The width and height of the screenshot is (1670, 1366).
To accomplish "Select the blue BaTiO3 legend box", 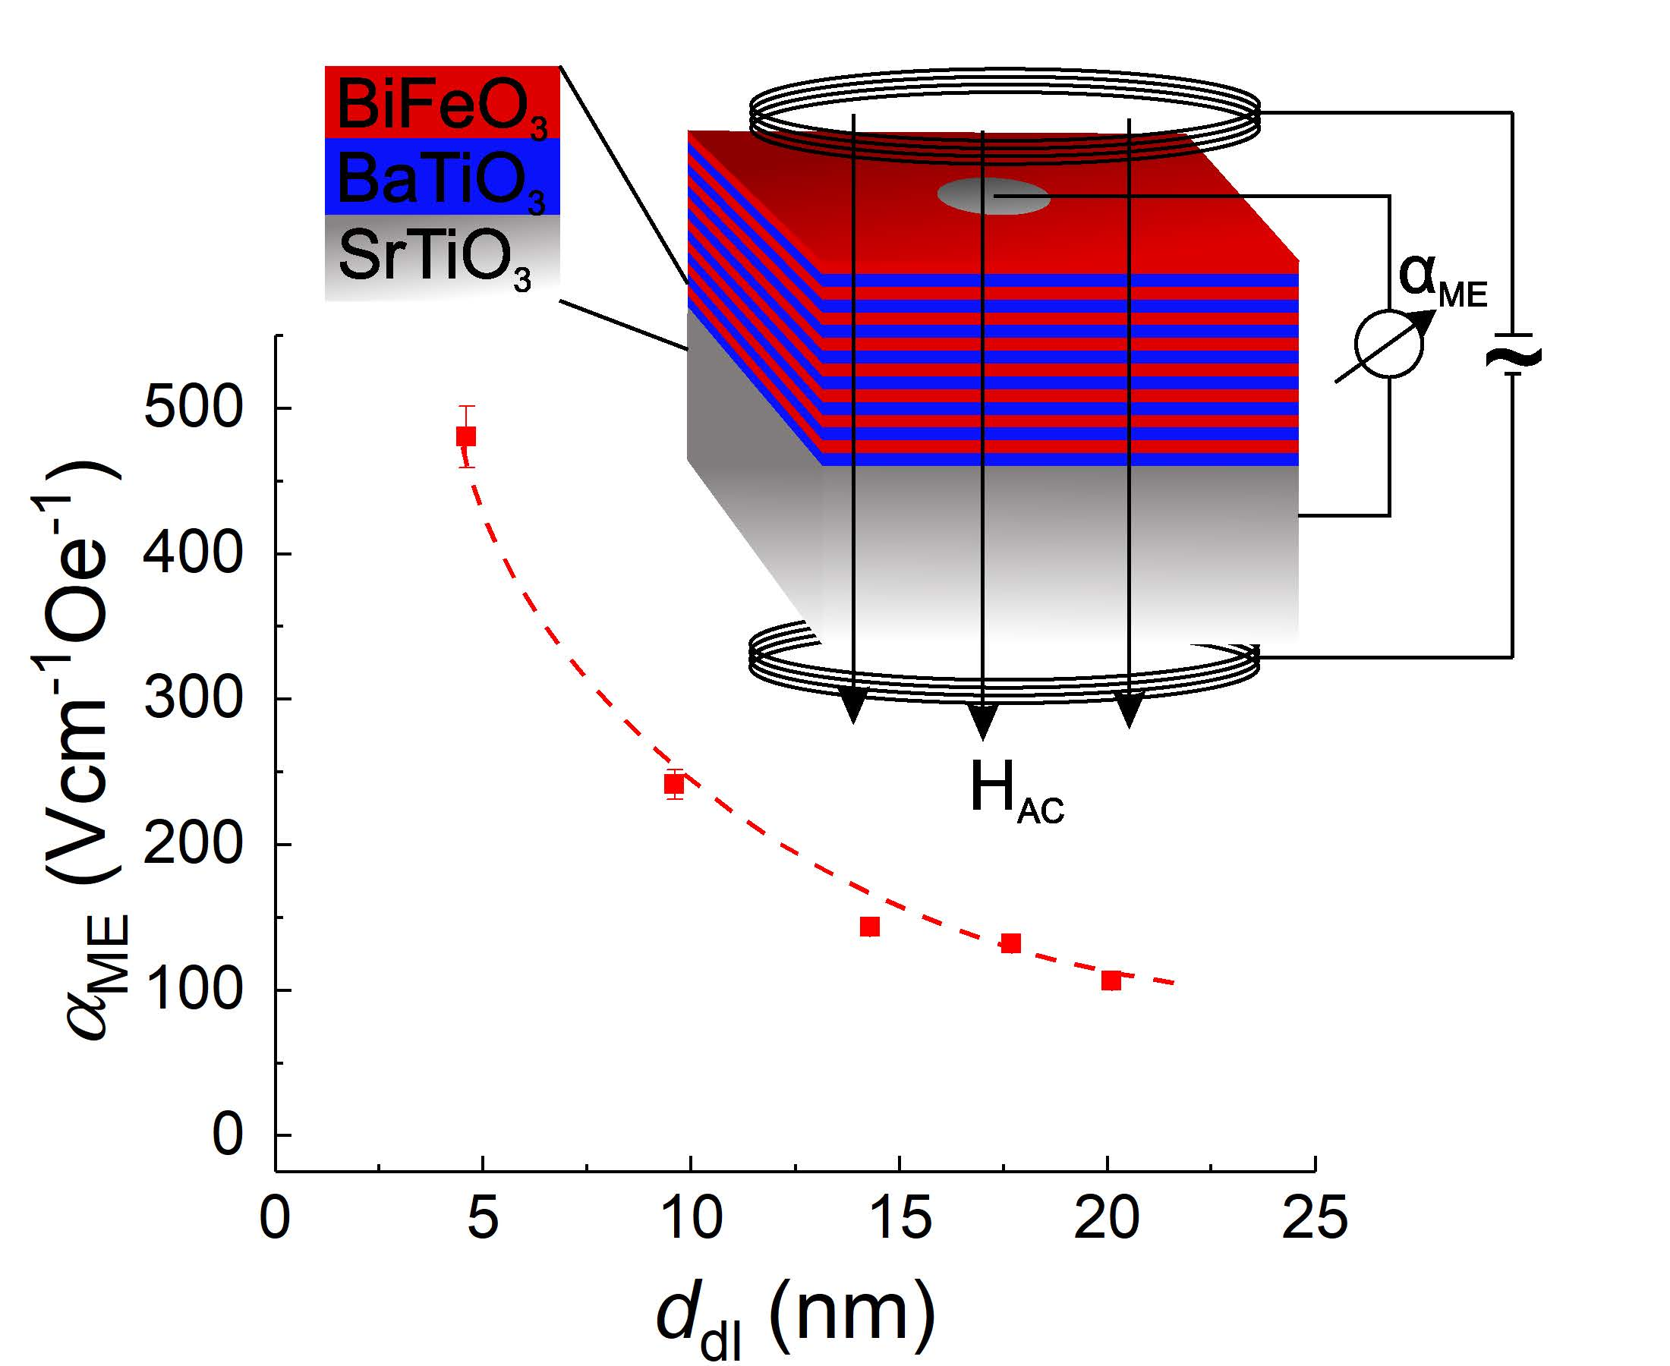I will click(441, 178).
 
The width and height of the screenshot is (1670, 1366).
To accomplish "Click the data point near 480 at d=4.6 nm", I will click(466, 436).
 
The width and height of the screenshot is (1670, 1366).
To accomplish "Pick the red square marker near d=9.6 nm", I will click(673, 784).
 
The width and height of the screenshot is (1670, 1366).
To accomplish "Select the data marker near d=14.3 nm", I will click(870, 927).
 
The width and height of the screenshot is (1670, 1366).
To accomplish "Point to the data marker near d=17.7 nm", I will click(1011, 943).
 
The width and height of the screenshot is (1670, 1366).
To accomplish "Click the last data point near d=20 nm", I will click(1111, 980).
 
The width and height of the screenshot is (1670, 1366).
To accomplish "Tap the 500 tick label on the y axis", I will click(193, 408).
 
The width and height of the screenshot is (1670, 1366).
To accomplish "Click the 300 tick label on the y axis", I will click(193, 699).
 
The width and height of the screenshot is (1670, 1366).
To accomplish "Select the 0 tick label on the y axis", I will click(228, 1135).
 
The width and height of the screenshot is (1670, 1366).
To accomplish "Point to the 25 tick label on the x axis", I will click(1315, 1218).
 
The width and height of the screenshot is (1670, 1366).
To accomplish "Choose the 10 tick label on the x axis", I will click(691, 1218).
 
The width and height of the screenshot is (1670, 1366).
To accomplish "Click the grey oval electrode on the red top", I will click(993, 196).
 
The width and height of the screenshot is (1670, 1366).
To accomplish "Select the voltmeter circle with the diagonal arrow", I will click(1389, 345).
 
